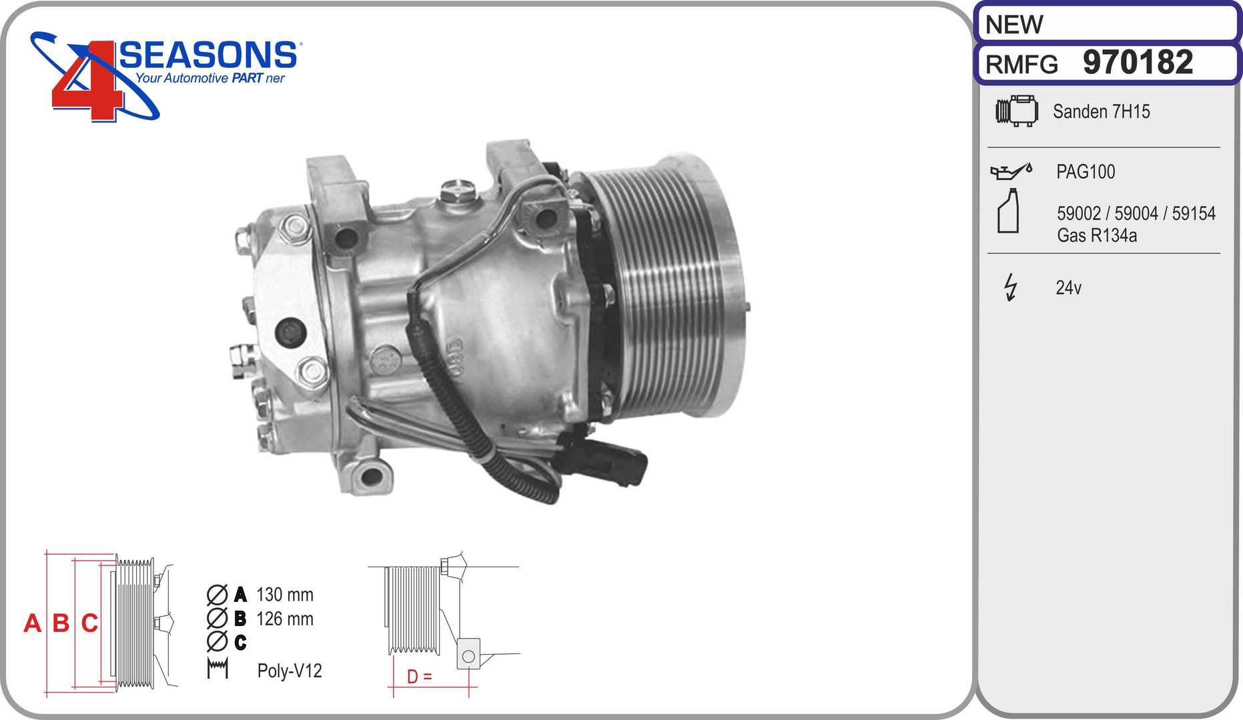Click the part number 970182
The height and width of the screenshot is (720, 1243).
[1138, 62]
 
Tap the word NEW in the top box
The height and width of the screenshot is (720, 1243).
[1013, 25]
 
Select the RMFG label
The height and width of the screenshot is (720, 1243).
[1021, 65]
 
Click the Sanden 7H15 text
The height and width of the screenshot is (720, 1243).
[1101, 111]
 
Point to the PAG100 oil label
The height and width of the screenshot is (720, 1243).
[1086, 171]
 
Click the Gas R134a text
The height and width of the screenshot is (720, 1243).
[1097, 235]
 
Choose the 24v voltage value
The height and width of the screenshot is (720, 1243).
[1068, 287]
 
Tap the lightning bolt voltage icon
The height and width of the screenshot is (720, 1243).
[1011, 287]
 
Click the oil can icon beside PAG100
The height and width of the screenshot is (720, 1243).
[1011, 171]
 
